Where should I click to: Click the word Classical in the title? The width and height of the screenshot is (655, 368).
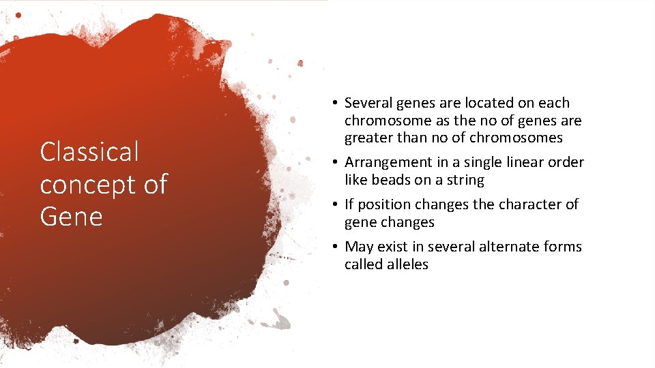tap(89, 152)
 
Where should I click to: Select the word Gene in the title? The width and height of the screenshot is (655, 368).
tap(71, 217)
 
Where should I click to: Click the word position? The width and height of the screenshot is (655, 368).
tap(385, 205)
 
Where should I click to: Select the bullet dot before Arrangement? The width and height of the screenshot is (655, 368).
tap(336, 163)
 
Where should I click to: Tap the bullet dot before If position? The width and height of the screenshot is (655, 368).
tap(336, 205)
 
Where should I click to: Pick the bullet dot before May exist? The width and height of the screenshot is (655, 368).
tap(336, 247)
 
